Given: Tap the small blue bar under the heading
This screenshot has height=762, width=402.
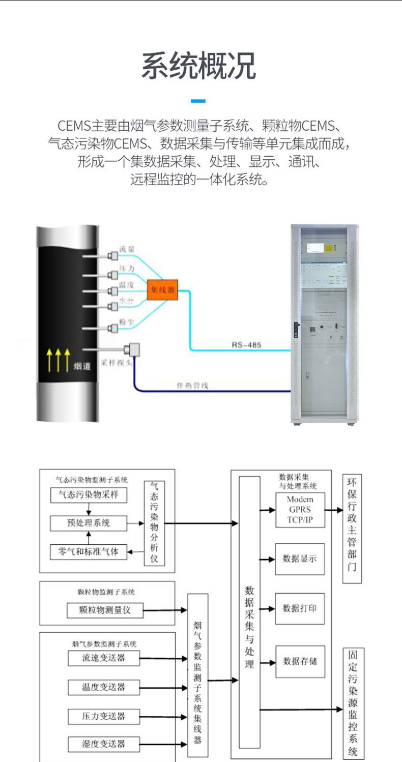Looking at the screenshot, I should pyautogui.click(x=198, y=101).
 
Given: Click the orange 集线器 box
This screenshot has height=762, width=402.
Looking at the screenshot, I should pyautogui.click(x=162, y=290).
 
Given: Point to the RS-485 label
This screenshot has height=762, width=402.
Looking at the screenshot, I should pyautogui.click(x=246, y=345).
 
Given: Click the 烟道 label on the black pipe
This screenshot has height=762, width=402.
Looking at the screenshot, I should pyautogui.click(x=82, y=366).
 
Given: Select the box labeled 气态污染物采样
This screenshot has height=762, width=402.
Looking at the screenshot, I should pyautogui.click(x=89, y=494).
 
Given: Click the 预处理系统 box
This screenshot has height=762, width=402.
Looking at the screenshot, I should pyautogui.click(x=89, y=522).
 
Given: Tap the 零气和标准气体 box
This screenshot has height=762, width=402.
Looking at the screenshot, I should pyautogui.click(x=89, y=551).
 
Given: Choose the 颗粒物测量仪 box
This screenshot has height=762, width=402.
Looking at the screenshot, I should pyautogui.click(x=105, y=610).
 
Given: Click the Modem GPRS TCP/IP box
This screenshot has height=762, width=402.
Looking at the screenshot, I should pyautogui.click(x=300, y=510).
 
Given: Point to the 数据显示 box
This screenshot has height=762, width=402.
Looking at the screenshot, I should pyautogui.click(x=300, y=559).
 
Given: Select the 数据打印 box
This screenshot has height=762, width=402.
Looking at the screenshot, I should pyautogui.click(x=300, y=608).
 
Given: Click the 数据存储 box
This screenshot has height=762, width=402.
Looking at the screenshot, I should pyautogui.click(x=300, y=661).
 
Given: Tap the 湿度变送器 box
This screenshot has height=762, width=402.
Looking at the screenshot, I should pyautogui.click(x=104, y=744).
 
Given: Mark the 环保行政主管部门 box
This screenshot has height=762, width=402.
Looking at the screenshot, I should pyautogui.click(x=352, y=528).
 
